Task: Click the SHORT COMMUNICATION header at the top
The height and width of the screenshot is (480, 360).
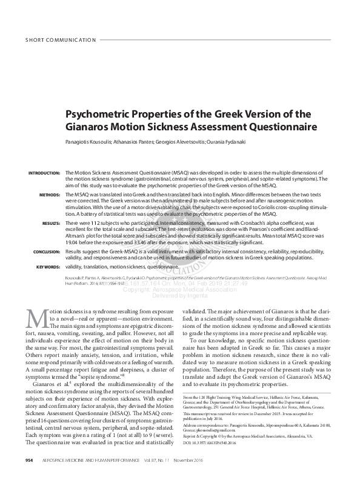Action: [60, 41]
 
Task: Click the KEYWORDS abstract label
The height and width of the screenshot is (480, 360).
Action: [48, 267]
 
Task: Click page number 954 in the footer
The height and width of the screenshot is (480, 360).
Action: [28, 461]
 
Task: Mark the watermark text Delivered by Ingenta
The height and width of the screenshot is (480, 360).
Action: [180, 296]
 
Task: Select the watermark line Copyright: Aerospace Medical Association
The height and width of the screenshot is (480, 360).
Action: [180, 290]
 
